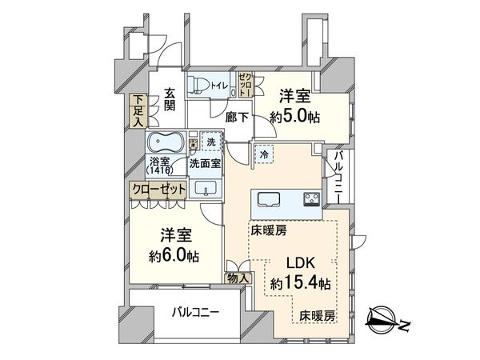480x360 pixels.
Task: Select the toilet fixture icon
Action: (201, 86)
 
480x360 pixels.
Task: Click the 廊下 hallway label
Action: (237, 117)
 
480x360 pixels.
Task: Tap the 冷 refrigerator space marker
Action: (263, 153)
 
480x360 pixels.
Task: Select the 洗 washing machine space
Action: (211, 142)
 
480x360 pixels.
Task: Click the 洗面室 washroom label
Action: (206, 163)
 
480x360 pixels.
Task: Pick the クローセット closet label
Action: (160, 189)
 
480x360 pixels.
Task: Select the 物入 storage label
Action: (239, 278)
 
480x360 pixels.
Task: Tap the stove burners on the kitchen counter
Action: (310, 199)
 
